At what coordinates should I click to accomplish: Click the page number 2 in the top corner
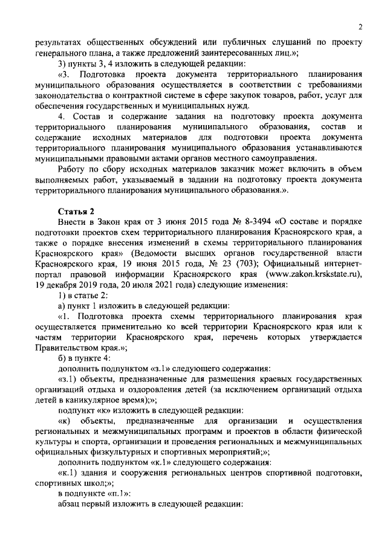[x=360, y=27]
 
